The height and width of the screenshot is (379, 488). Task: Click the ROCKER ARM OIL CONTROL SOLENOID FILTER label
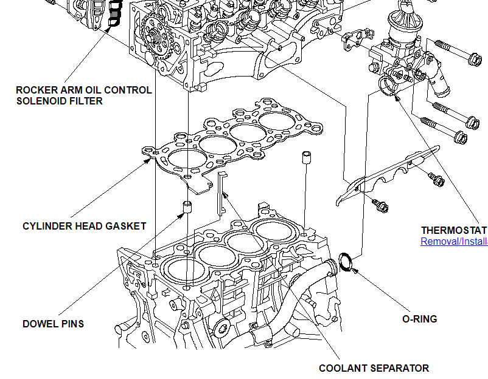pyautogui.click(x=83, y=95)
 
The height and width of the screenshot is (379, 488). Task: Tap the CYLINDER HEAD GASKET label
pyautogui.click(x=84, y=226)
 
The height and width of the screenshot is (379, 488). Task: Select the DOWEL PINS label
pyautogui.click(x=53, y=324)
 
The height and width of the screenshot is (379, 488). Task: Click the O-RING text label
pyautogui.click(x=419, y=319)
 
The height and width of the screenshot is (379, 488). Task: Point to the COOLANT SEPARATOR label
pyautogui.click(x=374, y=368)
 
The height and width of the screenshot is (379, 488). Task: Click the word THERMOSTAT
pyautogui.click(x=453, y=231)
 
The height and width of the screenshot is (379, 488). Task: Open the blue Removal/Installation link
pyautogui.click(x=454, y=241)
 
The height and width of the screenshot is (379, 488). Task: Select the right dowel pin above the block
pyautogui.click(x=305, y=159)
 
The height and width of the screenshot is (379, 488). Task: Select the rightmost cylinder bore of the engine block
pyautogui.click(x=274, y=230)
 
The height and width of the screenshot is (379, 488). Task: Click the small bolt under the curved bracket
pyautogui.click(x=382, y=206)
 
